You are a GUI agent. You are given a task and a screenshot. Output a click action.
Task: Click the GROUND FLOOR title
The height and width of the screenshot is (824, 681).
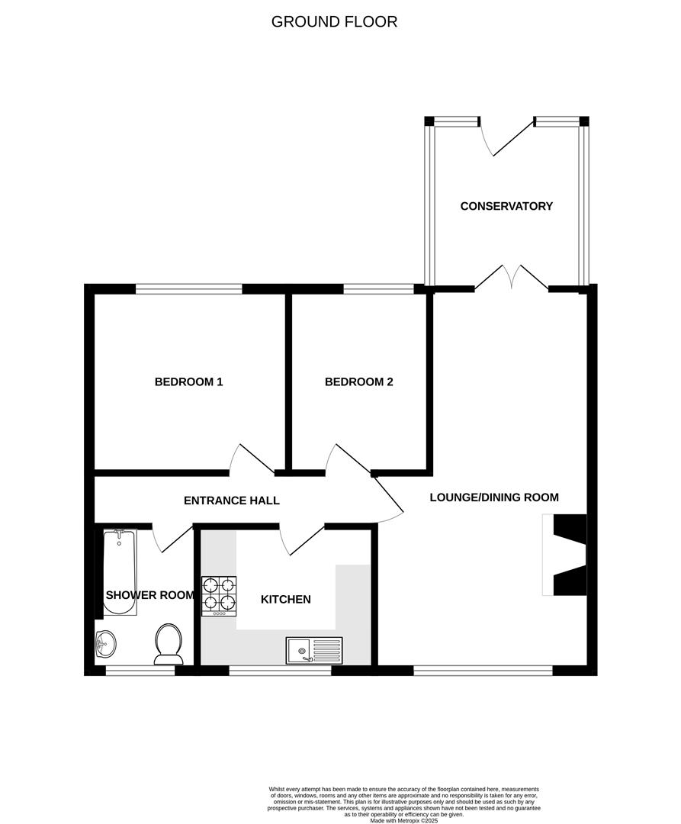pos(334,21)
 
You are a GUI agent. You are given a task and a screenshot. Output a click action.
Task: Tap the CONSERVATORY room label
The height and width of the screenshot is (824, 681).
pos(506,206)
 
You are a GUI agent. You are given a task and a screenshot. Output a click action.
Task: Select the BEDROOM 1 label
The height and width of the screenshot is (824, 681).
pos(188,381)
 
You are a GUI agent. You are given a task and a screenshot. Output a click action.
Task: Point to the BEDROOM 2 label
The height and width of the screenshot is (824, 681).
pos(358,381)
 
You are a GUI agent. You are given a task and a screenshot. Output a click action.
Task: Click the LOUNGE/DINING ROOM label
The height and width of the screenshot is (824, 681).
pos(494,497)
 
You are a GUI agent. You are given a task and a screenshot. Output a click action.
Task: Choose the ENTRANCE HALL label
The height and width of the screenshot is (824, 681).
pos(232,501)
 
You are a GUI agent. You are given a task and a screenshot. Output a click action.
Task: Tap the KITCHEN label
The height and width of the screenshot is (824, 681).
pos(286,600)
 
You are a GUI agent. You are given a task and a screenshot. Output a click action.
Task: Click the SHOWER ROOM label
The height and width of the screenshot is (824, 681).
pos(150,595)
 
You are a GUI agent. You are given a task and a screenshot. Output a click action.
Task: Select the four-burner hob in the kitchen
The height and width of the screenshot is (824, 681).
pos(219,595)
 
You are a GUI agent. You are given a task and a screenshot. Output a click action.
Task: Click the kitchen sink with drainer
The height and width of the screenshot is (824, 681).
pos(314,651)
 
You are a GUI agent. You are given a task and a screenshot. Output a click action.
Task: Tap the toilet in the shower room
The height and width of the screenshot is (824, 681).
pos(168,643)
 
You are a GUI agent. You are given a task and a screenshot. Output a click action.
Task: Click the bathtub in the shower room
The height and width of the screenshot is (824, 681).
pos(120,572)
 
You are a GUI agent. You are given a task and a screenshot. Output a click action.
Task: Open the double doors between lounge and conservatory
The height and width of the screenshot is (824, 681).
pos(512,279)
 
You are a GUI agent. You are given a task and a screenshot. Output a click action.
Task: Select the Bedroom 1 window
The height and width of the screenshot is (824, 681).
pos(189,289)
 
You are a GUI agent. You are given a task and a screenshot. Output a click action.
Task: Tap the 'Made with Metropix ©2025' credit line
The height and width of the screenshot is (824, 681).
pos(404,820)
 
